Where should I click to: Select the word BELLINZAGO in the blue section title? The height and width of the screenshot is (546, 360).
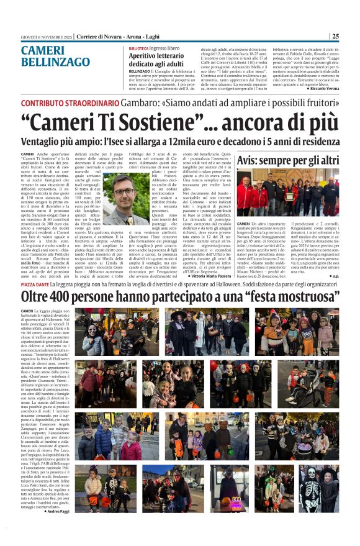[x=55, y=62]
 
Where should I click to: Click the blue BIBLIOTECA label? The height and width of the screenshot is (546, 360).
[x=138, y=48]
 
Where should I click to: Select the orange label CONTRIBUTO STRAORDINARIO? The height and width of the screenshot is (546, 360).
[x=69, y=102]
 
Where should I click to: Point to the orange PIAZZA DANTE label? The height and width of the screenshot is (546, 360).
[x=38, y=285]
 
